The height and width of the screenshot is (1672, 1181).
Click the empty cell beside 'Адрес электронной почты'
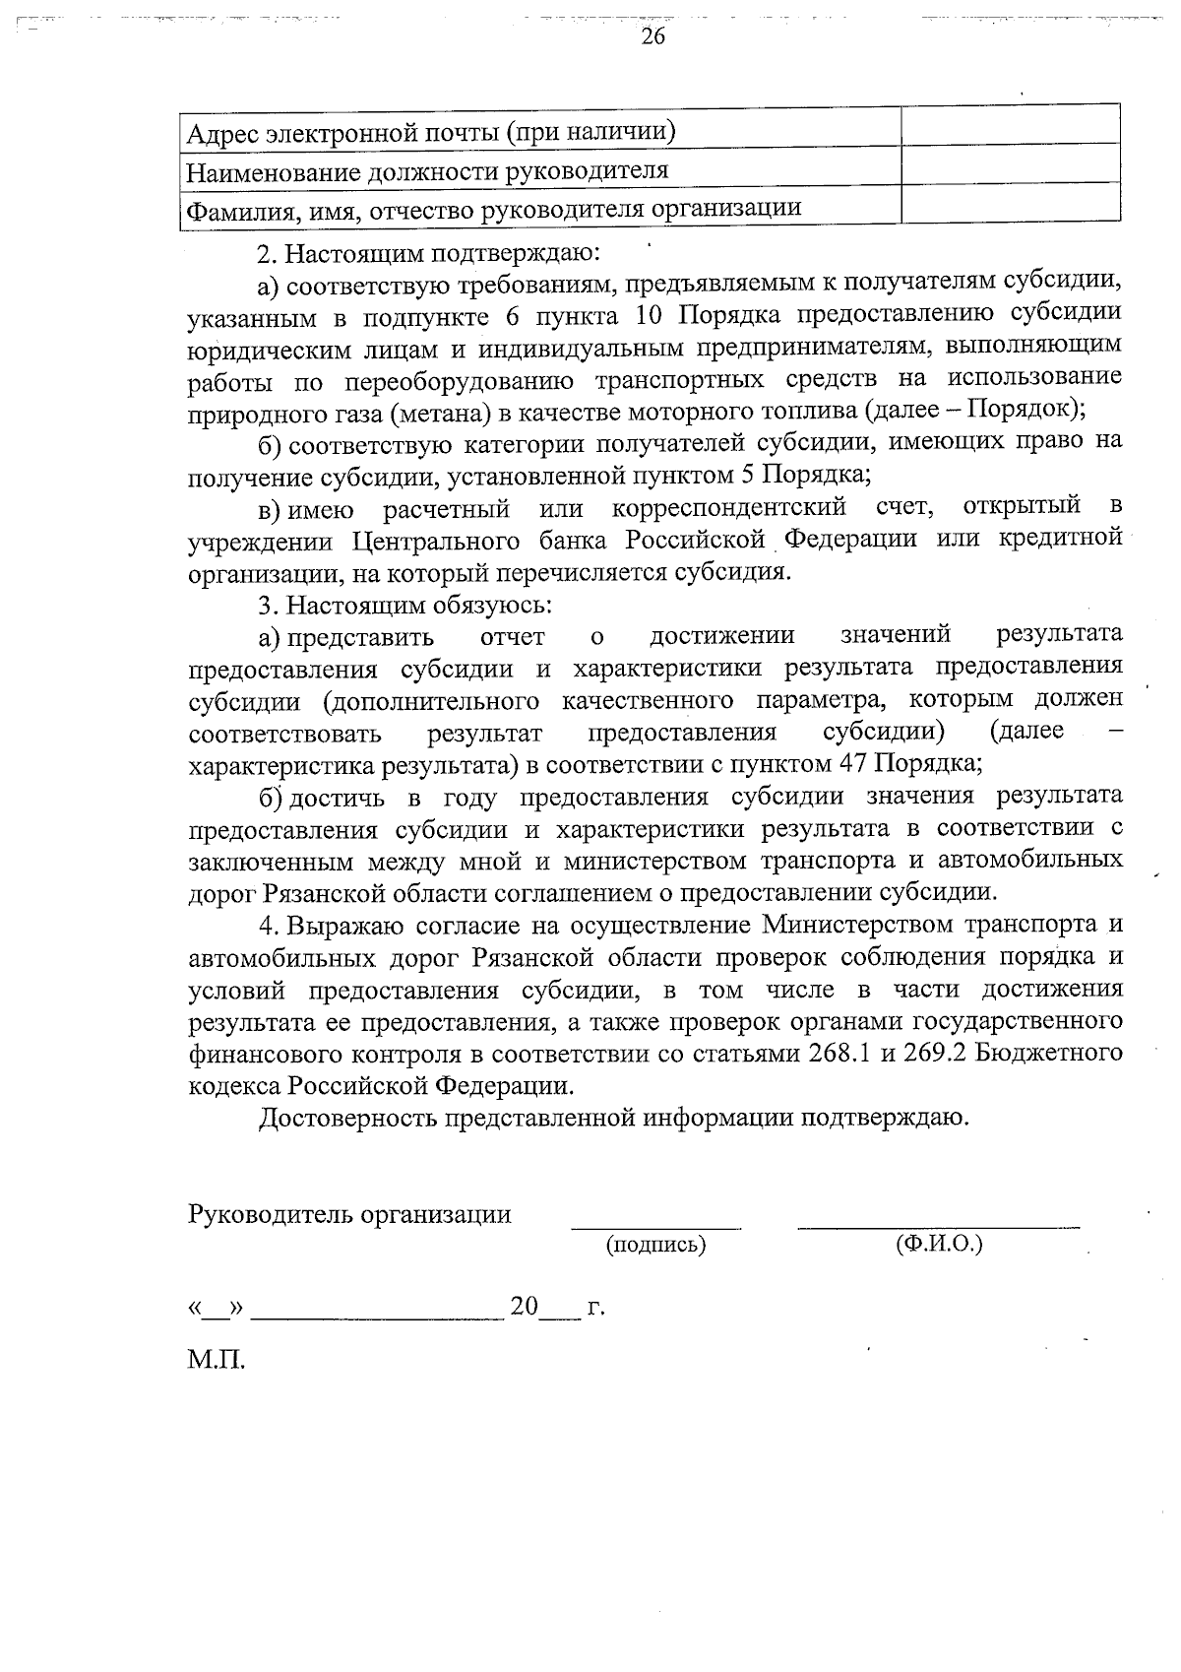(1011, 125)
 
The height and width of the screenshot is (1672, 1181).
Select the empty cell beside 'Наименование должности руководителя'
(1011, 163)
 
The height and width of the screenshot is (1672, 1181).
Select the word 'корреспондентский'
(729, 509)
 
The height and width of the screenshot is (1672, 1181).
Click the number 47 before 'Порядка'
(852, 764)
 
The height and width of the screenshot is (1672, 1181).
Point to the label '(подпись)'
(656, 1245)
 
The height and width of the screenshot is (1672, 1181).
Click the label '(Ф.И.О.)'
(939, 1245)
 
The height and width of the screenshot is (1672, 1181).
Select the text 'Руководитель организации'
(349, 1214)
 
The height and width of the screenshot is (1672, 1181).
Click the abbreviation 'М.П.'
(217, 1362)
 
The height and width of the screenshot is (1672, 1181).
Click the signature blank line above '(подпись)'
(656, 1226)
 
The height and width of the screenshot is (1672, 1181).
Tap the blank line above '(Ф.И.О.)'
(939, 1225)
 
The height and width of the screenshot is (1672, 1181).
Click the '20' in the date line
(524, 1307)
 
